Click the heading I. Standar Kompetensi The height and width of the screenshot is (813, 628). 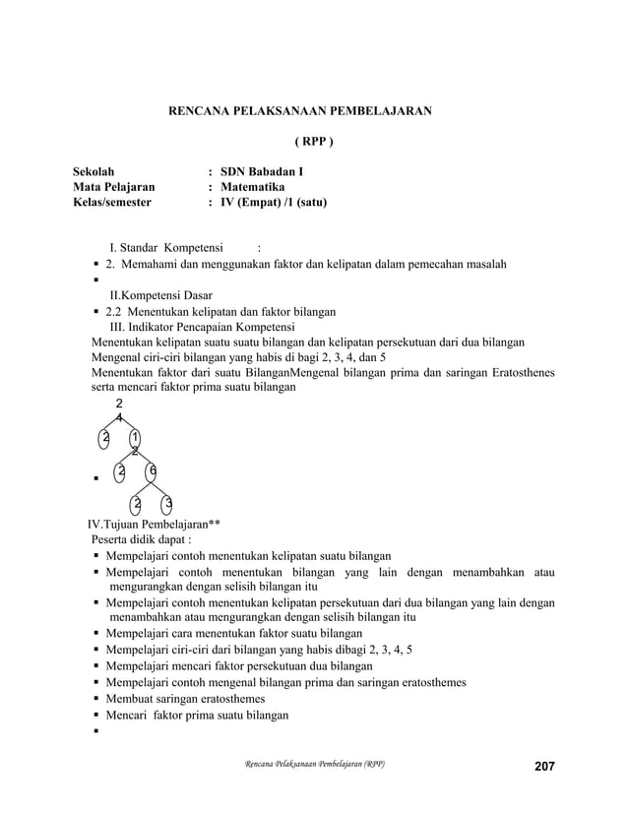pos(164,247)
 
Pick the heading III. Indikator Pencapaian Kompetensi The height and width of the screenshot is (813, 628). pos(203,327)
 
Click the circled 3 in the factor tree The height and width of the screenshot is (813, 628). pos(167,506)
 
